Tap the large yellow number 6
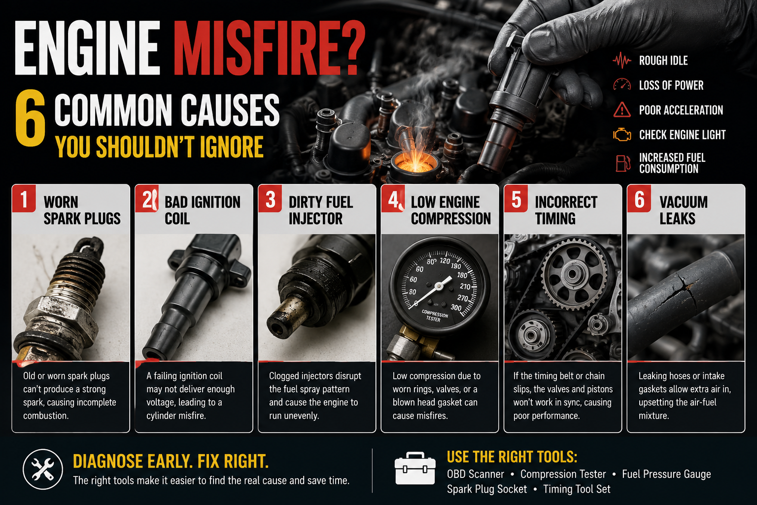(x=30, y=118)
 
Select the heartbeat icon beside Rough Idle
(x=622, y=61)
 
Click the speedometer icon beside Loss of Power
(x=622, y=84)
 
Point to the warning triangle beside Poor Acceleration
(x=622, y=109)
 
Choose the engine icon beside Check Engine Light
(x=622, y=135)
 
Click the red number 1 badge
(x=24, y=199)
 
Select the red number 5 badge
(x=516, y=199)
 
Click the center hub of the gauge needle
(x=439, y=287)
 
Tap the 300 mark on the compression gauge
(x=455, y=307)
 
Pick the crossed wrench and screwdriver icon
(x=43, y=469)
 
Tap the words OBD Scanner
(x=475, y=474)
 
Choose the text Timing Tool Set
(x=577, y=489)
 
